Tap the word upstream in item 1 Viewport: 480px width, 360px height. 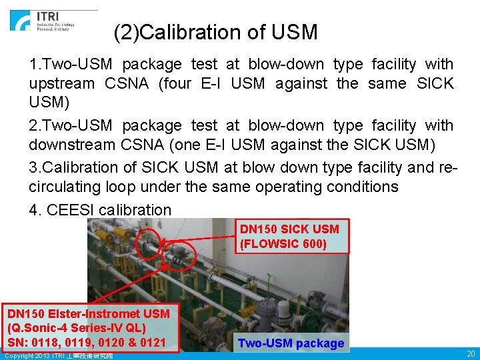pyautogui.click(x=61, y=84)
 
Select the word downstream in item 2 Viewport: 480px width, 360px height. pyautogui.click(x=70, y=145)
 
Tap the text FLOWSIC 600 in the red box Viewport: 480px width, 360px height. pyautogui.click(x=283, y=244)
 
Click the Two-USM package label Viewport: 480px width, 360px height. pyautogui.click(x=291, y=344)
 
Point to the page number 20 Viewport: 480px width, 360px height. pyautogui.click(x=470, y=354)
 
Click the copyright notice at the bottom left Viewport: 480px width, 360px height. pyautogui.click(x=59, y=356)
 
